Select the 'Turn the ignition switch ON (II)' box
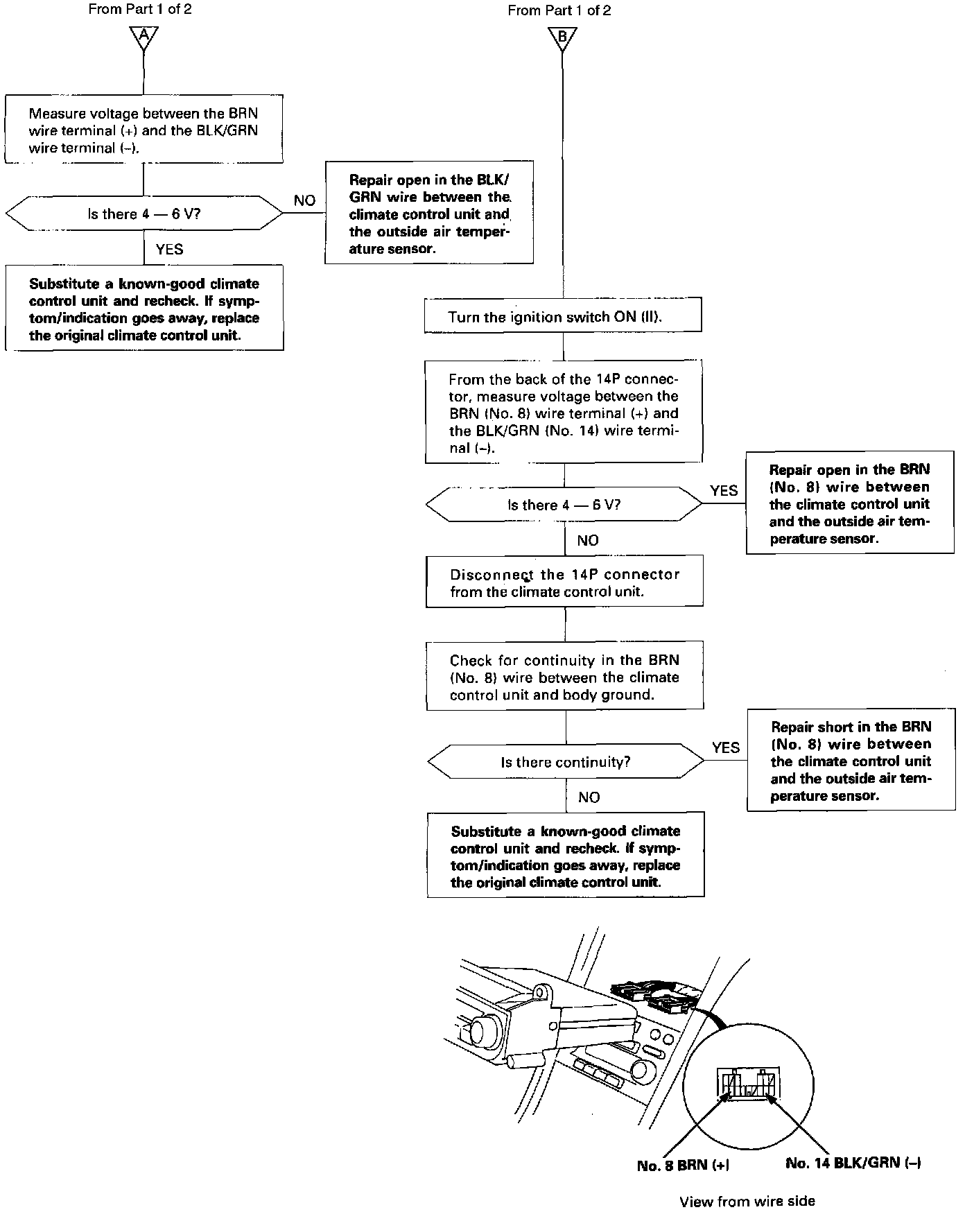[x=563, y=317]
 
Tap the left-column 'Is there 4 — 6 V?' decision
[x=144, y=214]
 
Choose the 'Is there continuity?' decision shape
[x=566, y=762]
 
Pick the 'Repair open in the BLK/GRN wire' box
[x=428, y=214]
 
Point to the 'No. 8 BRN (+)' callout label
[x=683, y=1166]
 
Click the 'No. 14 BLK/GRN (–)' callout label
[x=853, y=1163]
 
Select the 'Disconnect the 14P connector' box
[x=564, y=582]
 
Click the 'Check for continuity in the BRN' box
[x=564, y=677]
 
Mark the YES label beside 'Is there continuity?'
[x=725, y=747]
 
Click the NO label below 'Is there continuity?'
[x=589, y=797]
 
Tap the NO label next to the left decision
[x=304, y=200]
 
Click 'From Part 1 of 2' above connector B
[x=559, y=10]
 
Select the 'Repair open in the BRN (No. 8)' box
[x=849, y=503]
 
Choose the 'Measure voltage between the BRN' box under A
[x=144, y=130]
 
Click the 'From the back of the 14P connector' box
[x=563, y=413]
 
